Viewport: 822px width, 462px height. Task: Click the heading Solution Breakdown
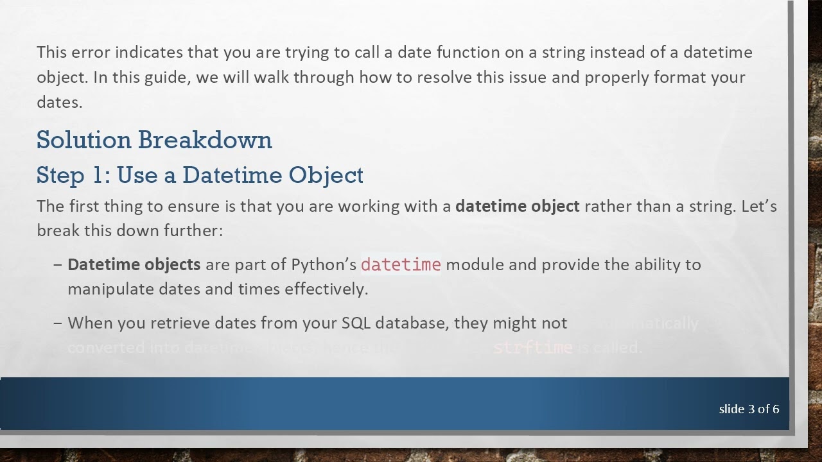click(154, 140)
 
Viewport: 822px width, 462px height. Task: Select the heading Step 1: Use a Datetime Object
click(200, 175)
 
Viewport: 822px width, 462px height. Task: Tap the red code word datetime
click(401, 264)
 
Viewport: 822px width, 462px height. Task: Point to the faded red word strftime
click(532, 347)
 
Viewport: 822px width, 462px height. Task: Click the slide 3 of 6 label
click(749, 409)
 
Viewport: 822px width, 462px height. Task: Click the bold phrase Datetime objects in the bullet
click(134, 264)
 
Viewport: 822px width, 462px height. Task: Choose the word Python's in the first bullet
click(324, 264)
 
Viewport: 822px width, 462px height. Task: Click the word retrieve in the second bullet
click(180, 323)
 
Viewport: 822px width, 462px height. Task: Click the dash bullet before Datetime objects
click(58, 264)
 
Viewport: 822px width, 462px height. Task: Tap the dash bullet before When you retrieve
click(58, 323)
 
